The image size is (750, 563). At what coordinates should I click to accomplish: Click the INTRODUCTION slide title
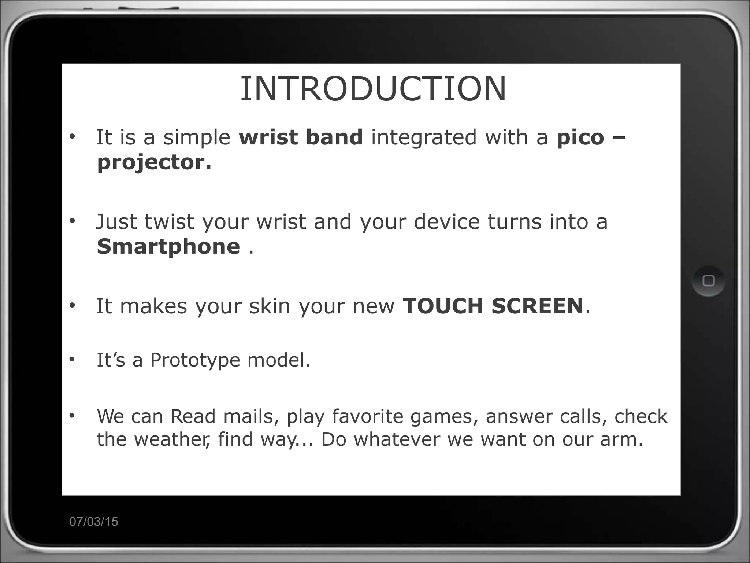point(373,89)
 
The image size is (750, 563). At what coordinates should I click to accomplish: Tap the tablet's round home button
point(709,281)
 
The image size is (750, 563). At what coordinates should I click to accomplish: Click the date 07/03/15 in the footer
point(94,522)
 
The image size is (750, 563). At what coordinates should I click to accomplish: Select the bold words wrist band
point(301,137)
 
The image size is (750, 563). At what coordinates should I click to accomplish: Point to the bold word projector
point(154,162)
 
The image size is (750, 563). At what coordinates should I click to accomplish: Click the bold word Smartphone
point(168,246)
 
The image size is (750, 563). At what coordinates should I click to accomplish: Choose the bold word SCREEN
point(537,306)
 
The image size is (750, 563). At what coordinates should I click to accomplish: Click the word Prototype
point(195,360)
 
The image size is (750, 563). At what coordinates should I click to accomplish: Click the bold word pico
point(580,137)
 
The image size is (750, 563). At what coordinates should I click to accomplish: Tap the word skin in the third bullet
point(270,306)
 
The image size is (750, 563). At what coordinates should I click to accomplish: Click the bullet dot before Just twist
point(72,221)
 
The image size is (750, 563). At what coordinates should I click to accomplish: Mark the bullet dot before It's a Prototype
point(72,360)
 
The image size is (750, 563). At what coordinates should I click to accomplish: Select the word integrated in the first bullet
point(424,138)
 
